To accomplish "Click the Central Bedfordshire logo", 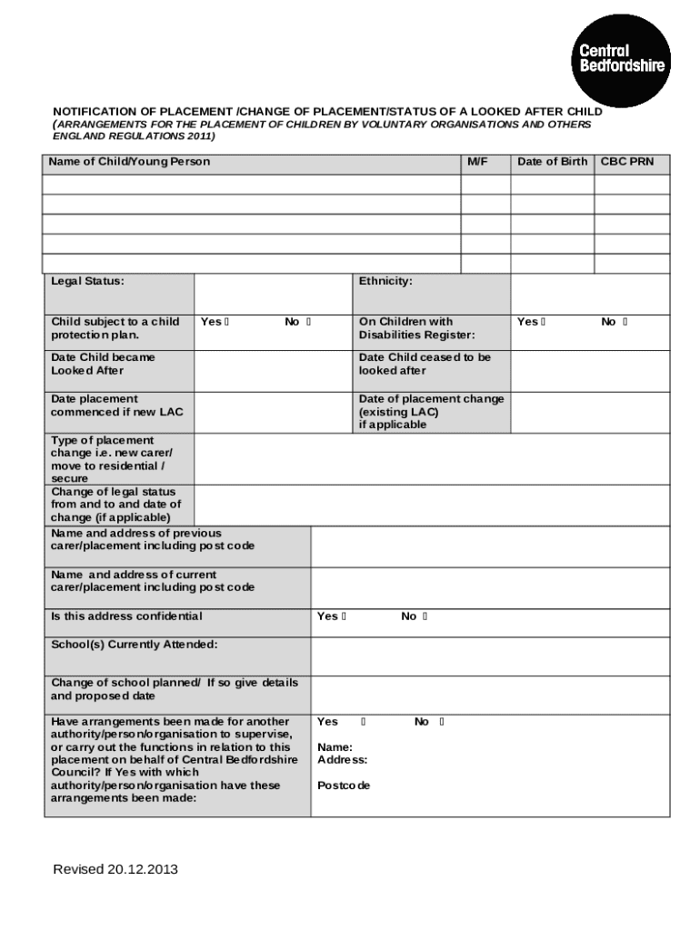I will [622, 59].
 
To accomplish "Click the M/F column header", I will [477, 162].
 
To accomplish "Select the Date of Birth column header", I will [552, 162].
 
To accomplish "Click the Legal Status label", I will [87, 281].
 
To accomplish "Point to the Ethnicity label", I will [385, 281].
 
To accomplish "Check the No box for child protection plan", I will [309, 322].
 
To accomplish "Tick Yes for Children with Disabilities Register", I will [543, 322].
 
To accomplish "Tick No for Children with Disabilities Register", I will [625, 322].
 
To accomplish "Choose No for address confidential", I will [425, 616].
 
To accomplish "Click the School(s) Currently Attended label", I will [134, 645].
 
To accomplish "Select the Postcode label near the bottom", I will [344, 785].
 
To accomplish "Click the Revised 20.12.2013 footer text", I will [115, 869].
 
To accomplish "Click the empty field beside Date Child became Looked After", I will [273, 368].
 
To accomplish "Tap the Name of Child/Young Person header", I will [130, 162].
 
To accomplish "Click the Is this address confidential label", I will [126, 616].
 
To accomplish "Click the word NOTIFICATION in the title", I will [95, 112].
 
